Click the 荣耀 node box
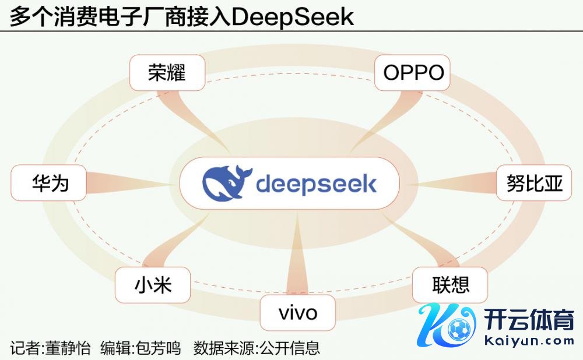167,73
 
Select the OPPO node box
413,73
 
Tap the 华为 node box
50,183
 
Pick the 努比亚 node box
534,183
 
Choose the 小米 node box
153,285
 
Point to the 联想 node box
450,285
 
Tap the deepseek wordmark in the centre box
316,184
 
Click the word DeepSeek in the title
293,16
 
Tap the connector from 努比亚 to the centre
455,183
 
